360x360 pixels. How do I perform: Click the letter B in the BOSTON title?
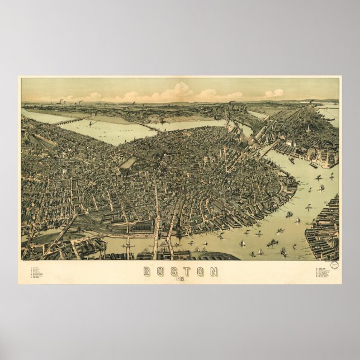tap(147, 271)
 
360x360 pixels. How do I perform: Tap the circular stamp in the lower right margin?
tap(334, 265)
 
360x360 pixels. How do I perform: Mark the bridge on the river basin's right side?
tap(150, 127)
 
